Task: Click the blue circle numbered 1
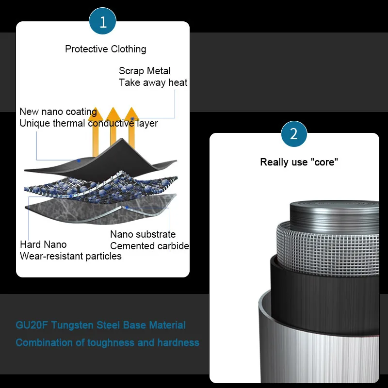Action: (103, 22)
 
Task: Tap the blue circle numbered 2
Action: (294, 133)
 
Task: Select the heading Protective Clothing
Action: (106, 49)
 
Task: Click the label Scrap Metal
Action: (145, 71)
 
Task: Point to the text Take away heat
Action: (153, 82)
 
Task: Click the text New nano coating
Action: (58, 112)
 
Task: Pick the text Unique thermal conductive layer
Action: (89, 123)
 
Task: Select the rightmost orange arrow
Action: (131, 125)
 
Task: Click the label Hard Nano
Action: (43, 244)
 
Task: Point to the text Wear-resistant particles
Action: (71, 256)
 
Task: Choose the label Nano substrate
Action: (143, 235)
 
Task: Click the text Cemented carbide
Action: (150, 246)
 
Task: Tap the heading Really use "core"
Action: (299, 162)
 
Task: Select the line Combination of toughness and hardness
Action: (107, 342)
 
